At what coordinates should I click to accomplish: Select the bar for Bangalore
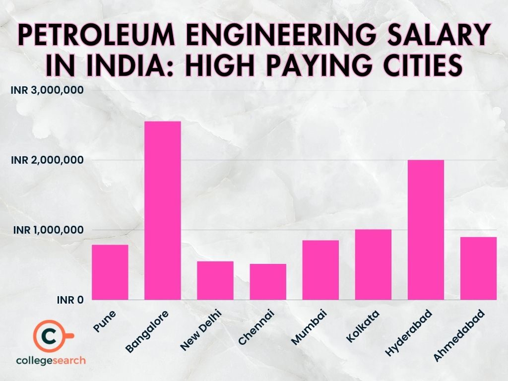pos(162,210)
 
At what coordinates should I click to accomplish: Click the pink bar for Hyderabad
pos(426,230)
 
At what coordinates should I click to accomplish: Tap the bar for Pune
pos(110,272)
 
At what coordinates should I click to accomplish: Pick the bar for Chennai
pos(268,282)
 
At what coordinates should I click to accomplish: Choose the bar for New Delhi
pos(215,280)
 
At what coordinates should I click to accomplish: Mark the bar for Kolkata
pos(373,264)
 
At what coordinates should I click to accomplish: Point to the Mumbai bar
pos(320,270)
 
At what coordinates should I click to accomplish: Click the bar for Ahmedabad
pos(478,268)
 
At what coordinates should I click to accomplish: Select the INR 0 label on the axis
pos(69,300)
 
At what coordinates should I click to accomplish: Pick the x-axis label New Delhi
pos(200,329)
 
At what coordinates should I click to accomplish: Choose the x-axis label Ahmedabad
pos(462,333)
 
